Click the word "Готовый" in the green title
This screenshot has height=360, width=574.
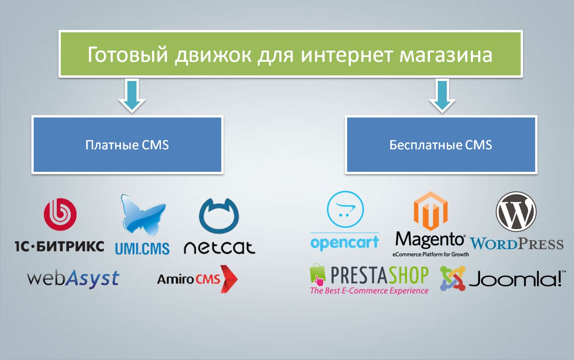coord(128,55)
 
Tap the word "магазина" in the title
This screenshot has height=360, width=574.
coord(446,55)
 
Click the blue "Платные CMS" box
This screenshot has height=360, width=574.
coord(127,145)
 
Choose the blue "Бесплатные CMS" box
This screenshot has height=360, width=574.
coord(441,145)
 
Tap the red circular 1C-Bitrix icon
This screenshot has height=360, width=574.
coord(60,214)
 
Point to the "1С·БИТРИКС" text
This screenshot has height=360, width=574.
coord(59,246)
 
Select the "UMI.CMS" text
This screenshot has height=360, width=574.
coord(142,248)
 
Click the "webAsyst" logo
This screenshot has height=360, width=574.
coord(73,278)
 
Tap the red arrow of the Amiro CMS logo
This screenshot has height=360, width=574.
coord(229,279)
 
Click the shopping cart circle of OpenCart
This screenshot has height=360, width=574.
coord(345,209)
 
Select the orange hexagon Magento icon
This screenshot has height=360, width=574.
coord(431,211)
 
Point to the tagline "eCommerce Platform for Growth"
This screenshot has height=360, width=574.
coord(430,254)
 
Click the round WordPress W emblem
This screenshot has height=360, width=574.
coord(516,212)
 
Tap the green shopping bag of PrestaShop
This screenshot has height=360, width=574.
coord(317,274)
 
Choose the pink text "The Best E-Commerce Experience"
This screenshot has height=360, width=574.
coord(369,291)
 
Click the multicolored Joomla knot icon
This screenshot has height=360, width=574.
coord(452,279)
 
